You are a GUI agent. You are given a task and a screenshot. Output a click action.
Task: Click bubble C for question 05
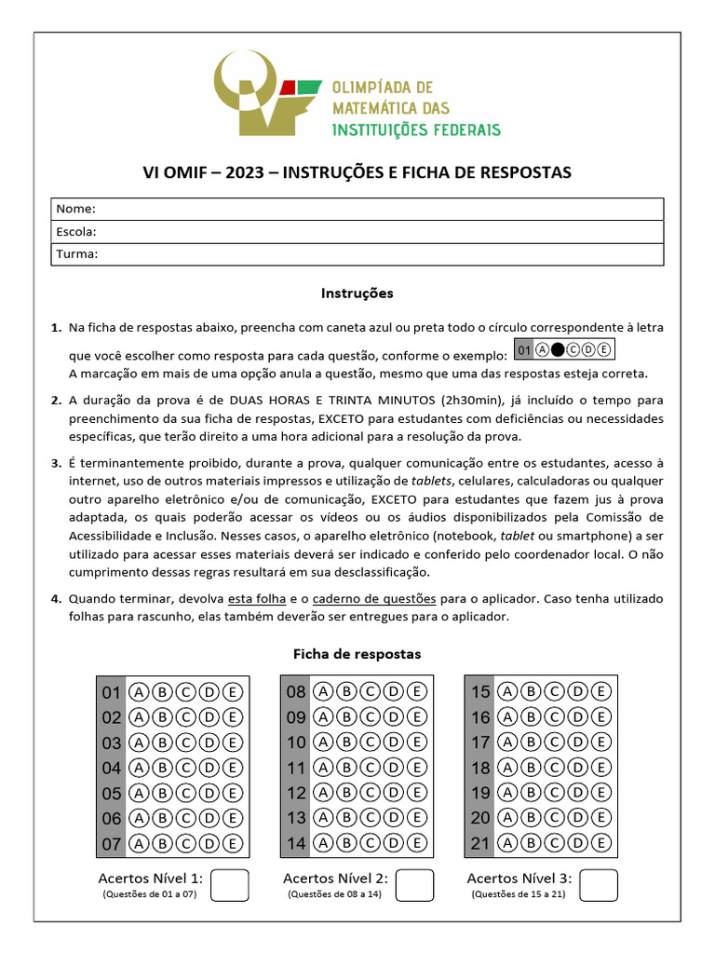coord(185,794)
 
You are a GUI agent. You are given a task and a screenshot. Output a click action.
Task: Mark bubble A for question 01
coord(139,692)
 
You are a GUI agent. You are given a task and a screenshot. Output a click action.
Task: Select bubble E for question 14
coord(416,844)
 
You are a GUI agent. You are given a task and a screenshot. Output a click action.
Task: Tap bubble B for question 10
coord(346,743)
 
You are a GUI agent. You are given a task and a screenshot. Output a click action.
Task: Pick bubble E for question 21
coord(600,844)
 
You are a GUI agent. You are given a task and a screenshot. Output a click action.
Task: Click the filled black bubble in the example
coord(558,350)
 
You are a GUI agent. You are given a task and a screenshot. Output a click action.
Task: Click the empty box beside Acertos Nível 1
coord(230,885)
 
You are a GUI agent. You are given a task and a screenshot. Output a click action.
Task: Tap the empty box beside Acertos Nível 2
coord(415,885)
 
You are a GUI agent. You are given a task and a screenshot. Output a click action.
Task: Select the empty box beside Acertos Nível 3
coord(600,885)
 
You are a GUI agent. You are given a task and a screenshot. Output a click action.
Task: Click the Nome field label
coord(76,209)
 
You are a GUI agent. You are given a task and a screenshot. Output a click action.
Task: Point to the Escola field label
coord(77,231)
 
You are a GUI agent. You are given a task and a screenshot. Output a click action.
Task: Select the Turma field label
coord(77,253)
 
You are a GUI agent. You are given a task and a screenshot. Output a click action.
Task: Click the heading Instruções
coord(357,293)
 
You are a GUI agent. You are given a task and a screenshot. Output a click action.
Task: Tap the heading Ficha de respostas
coord(357,654)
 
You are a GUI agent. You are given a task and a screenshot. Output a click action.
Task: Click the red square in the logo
coord(289,88)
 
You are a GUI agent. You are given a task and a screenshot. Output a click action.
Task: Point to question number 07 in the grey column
coord(112,844)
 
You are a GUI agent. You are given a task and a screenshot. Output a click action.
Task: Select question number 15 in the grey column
coord(480,692)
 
